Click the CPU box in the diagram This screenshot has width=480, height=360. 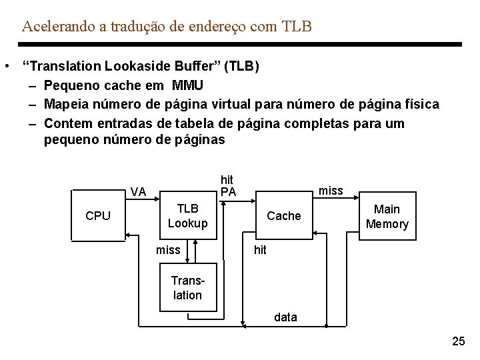coord(98,216)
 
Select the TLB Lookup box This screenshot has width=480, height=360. coord(187,216)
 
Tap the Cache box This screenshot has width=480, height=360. coord(283,216)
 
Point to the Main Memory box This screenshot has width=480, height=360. coord(387,217)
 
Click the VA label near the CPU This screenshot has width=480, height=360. coord(139,192)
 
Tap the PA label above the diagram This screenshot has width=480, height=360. coord(228,192)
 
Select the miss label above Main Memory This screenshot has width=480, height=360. coord(331,191)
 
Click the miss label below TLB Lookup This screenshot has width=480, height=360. coord(168,250)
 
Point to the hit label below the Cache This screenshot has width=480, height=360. coord(260,250)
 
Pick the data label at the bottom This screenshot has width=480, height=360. coord(285,317)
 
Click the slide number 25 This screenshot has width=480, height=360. coord(459,342)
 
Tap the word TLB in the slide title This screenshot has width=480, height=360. coord(297,27)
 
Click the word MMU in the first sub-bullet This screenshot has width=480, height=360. coord(187,85)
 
